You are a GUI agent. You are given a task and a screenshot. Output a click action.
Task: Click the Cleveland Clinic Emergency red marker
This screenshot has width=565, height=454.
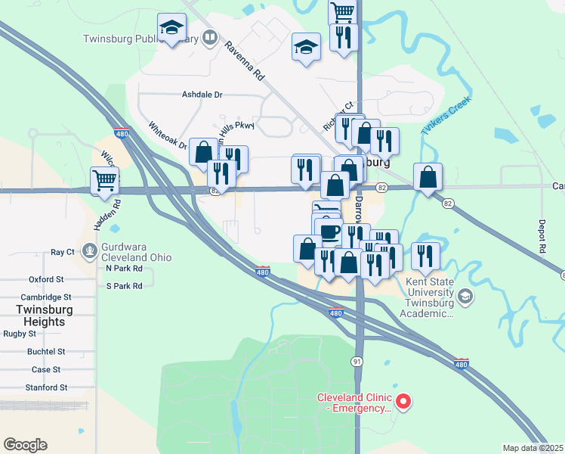pyautogui.click(x=403, y=401)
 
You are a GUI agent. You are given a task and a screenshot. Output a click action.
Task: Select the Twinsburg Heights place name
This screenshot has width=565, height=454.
pyautogui.click(x=43, y=316)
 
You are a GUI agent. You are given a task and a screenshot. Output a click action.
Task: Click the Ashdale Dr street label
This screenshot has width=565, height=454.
pyautogui.click(x=202, y=95)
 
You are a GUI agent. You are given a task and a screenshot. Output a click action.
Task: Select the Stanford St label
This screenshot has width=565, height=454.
pyautogui.click(x=45, y=387)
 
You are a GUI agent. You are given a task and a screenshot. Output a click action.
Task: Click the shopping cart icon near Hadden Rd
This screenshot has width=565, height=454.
pyautogui.click(x=104, y=180)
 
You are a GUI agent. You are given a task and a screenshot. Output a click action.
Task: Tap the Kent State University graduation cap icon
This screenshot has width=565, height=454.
pyautogui.click(x=465, y=295)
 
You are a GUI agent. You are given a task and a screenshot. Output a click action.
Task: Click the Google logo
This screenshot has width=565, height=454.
pyautogui.click(x=25, y=445)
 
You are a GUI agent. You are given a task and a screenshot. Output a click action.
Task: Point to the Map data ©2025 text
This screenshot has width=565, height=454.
pyautogui.click(x=533, y=448)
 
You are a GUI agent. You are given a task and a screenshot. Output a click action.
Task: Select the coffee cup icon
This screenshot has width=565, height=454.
pyautogui.click(x=329, y=231)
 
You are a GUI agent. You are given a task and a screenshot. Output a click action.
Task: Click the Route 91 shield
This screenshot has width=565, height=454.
pyautogui.click(x=356, y=362)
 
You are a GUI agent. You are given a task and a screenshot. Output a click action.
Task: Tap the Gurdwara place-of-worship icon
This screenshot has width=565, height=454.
pyautogui.click(x=90, y=249)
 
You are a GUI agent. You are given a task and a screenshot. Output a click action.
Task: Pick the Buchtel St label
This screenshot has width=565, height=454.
pyautogui.click(x=46, y=351)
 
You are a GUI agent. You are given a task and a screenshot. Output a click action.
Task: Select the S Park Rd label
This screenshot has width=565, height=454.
pyautogui.click(x=124, y=286)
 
